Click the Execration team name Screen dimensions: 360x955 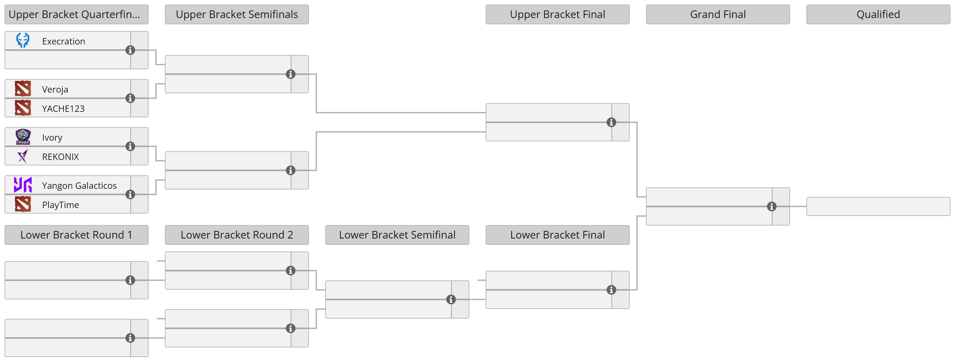click(63, 41)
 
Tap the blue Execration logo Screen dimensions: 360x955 click(23, 40)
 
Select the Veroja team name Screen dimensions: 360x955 click(55, 89)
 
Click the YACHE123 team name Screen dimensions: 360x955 click(63, 109)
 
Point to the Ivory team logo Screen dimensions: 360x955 click(23, 137)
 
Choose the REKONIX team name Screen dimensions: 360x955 click(60, 157)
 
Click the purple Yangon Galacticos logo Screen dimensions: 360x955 click(23, 185)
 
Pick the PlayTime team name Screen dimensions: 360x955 click(60, 205)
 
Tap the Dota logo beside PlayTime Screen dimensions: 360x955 click(23, 204)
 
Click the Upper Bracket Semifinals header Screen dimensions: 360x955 click(237, 14)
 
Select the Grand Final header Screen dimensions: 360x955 click(718, 14)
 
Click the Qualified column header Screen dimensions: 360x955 click(878, 14)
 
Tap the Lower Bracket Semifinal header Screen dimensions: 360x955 click(397, 235)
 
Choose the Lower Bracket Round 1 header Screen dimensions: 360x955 click(76, 235)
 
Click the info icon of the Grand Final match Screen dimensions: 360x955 click(771, 206)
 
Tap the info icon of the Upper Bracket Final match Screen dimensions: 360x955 click(611, 122)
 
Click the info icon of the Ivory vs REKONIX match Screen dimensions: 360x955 click(130, 146)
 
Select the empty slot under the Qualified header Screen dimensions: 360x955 click(878, 206)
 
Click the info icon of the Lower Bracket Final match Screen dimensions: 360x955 click(611, 290)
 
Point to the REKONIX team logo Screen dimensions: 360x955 click(23, 156)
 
